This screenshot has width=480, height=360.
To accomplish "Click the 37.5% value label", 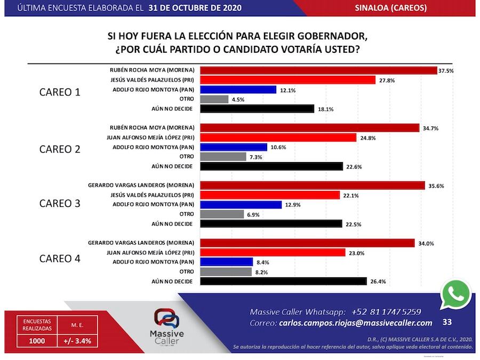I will (x=446, y=70).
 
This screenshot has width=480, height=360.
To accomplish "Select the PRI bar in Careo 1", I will (x=288, y=80).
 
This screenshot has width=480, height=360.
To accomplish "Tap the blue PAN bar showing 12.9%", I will (x=241, y=205).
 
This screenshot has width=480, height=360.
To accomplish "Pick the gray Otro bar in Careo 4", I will (x=226, y=271).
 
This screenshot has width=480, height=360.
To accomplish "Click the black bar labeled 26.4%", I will (x=283, y=281).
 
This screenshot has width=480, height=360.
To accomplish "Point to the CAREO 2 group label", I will (x=60, y=149).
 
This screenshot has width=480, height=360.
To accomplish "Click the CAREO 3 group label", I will (x=60, y=204).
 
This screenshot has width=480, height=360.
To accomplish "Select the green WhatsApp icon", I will (x=456, y=294).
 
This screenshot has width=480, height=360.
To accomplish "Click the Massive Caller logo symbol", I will (x=166, y=319).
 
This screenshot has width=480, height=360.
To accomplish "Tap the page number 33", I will (x=447, y=322).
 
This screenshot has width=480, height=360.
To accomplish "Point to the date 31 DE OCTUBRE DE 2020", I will (x=196, y=8).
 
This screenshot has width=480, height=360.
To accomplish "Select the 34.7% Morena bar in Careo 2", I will (x=309, y=128).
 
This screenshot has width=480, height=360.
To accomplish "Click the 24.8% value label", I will (x=366, y=138).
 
